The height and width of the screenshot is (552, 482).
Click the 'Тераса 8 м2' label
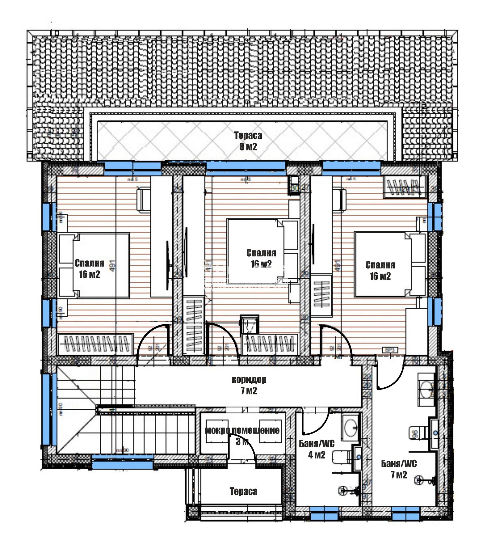(248, 141)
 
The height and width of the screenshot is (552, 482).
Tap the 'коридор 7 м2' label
(249, 385)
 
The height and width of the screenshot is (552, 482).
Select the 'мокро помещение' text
(242, 430)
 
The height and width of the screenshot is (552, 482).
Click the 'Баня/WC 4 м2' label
(317, 449)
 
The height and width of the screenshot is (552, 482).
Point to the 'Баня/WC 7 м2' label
(399, 469)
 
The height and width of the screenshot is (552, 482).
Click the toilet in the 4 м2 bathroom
(340, 457)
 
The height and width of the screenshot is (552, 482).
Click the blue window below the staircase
(122, 461)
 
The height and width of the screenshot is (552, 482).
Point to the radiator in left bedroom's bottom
(95, 344)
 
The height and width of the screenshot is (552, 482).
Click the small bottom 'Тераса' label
(243, 491)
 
